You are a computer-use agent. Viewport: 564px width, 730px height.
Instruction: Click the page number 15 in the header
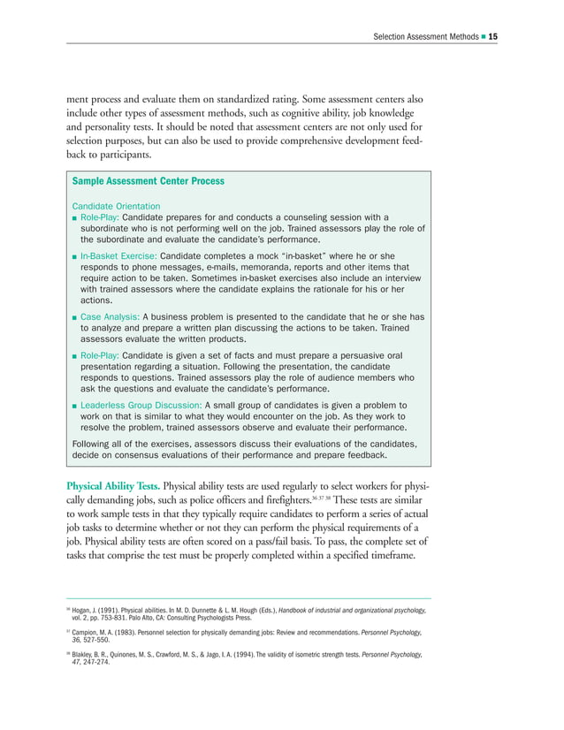click(493, 36)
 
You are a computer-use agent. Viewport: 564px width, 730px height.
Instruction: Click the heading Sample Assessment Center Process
click(148, 181)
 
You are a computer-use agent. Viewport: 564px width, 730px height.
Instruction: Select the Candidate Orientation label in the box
click(116, 206)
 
